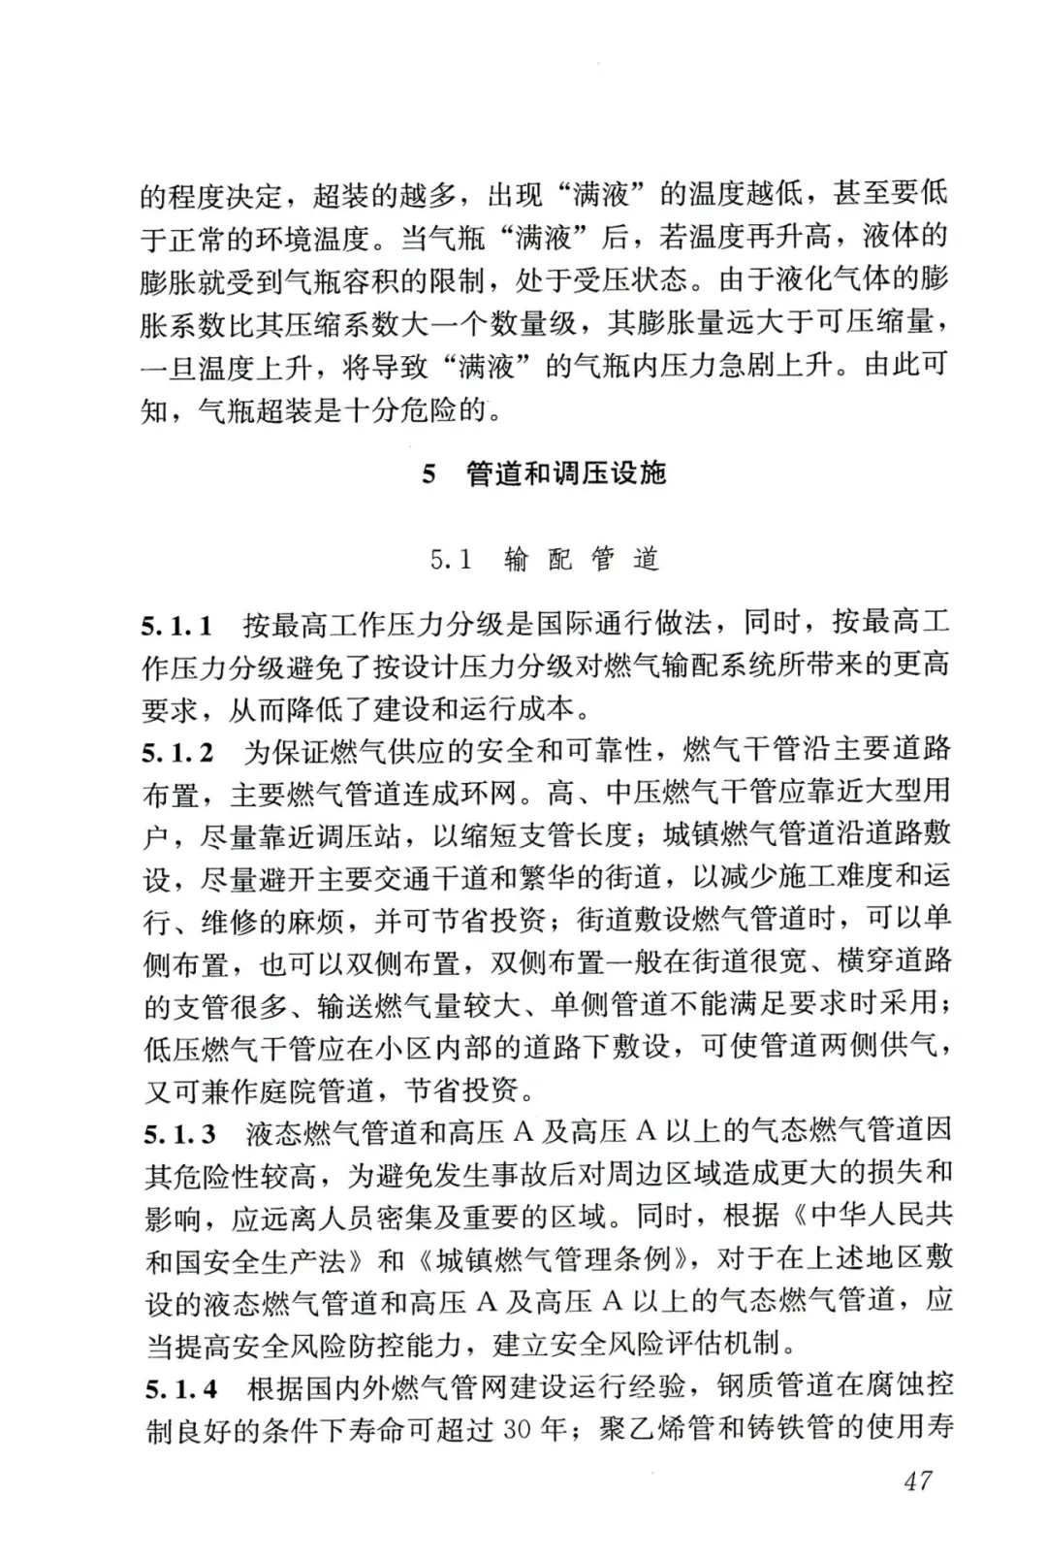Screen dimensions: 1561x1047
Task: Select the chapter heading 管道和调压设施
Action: pos(567,473)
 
